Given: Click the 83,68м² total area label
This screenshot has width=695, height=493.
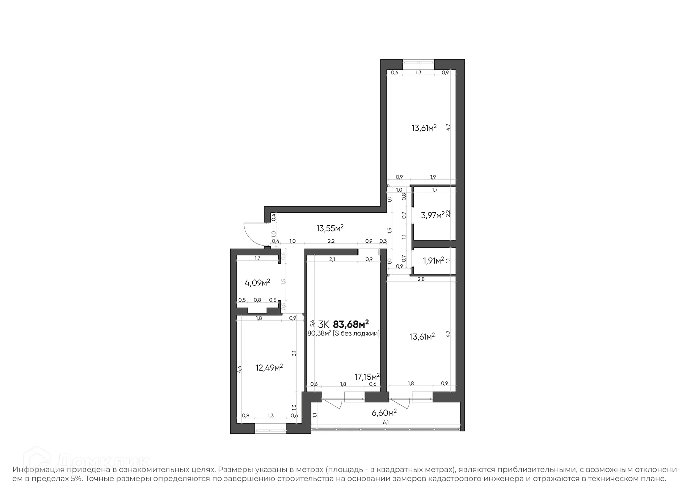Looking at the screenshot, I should [350, 323].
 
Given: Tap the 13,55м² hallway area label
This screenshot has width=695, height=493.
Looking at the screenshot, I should [330, 229].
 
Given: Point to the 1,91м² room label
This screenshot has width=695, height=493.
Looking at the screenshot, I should [433, 260].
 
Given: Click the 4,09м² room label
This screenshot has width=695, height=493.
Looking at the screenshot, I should [257, 283].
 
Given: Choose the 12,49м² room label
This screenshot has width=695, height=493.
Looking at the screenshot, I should [269, 368].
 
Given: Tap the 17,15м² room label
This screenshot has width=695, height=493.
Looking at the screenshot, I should [367, 377].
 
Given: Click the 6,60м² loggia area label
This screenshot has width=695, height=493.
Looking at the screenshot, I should [384, 413].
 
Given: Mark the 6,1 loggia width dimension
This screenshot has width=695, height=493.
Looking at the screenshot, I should [386, 422].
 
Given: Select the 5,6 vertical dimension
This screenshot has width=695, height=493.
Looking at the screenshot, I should [312, 323].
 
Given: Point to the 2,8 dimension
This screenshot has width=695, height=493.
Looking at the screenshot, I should [421, 279].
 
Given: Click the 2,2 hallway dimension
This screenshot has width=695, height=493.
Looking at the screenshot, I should [331, 241].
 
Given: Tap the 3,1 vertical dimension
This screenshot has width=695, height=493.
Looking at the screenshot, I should [294, 353].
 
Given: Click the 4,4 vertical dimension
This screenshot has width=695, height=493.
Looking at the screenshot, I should [239, 369].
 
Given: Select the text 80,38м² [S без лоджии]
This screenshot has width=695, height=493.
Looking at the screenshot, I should [343, 334].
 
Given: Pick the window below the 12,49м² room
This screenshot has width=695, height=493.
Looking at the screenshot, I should [270, 431].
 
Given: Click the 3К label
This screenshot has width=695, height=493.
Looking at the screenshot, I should [323, 324].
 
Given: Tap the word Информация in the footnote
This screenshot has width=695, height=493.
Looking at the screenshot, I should [39, 470].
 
